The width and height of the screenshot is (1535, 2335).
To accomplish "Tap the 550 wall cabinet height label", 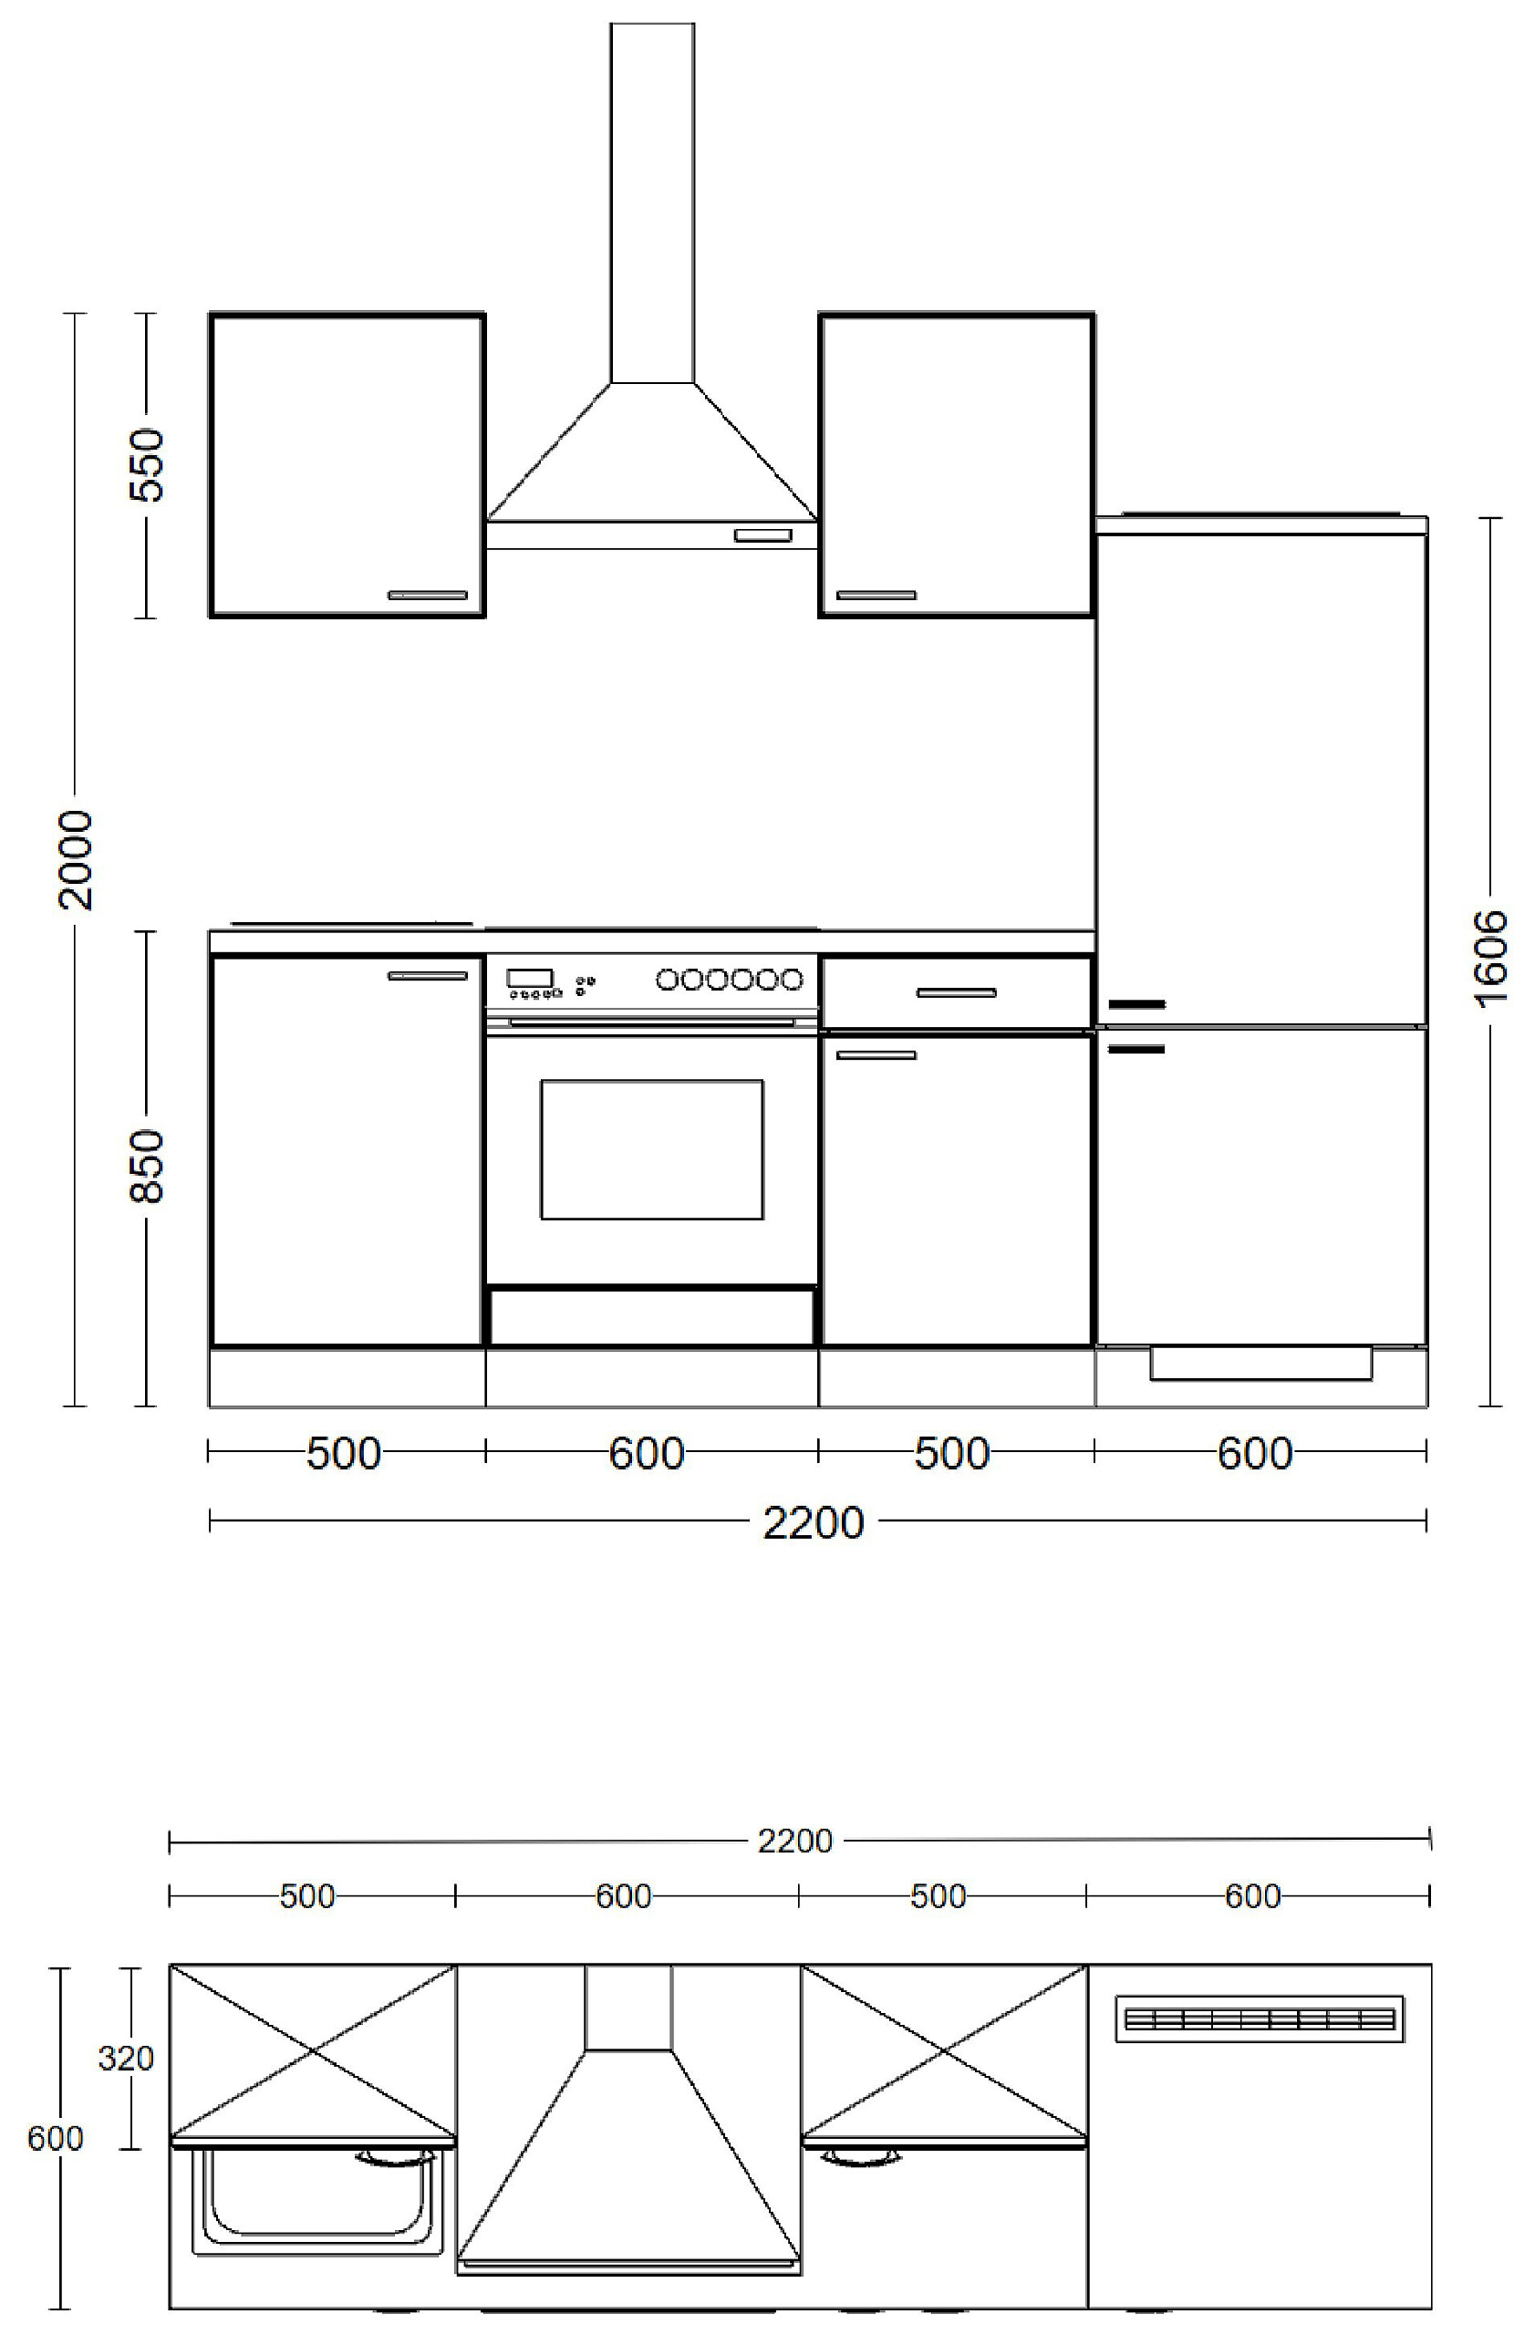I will click(x=147, y=464).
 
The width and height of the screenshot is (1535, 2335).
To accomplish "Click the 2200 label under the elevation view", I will click(x=814, y=1522).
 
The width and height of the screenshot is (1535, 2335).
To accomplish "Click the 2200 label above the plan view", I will click(x=794, y=1842).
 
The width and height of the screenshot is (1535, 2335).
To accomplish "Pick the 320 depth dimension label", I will click(x=126, y=2058).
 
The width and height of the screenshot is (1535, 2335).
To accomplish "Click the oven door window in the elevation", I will click(x=651, y=1150).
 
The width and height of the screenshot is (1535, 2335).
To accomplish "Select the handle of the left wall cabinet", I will click(x=428, y=595).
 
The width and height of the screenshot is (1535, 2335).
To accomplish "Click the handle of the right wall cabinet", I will click(x=876, y=595).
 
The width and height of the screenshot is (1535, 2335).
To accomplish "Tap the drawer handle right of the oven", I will click(x=957, y=993).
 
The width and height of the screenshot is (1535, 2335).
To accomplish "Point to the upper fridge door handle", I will click(x=1136, y=1003).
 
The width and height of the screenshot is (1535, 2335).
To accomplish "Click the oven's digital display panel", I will click(x=530, y=978).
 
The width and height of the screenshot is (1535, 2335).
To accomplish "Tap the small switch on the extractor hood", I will click(x=763, y=534).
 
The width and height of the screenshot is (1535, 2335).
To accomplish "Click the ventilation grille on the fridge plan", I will click(x=1260, y=2019).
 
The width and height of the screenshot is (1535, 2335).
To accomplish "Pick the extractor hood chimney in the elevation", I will click(x=652, y=202).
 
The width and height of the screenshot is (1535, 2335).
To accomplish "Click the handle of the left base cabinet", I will click(x=428, y=975).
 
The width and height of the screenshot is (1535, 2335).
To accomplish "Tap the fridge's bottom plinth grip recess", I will click(x=1260, y=1365).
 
